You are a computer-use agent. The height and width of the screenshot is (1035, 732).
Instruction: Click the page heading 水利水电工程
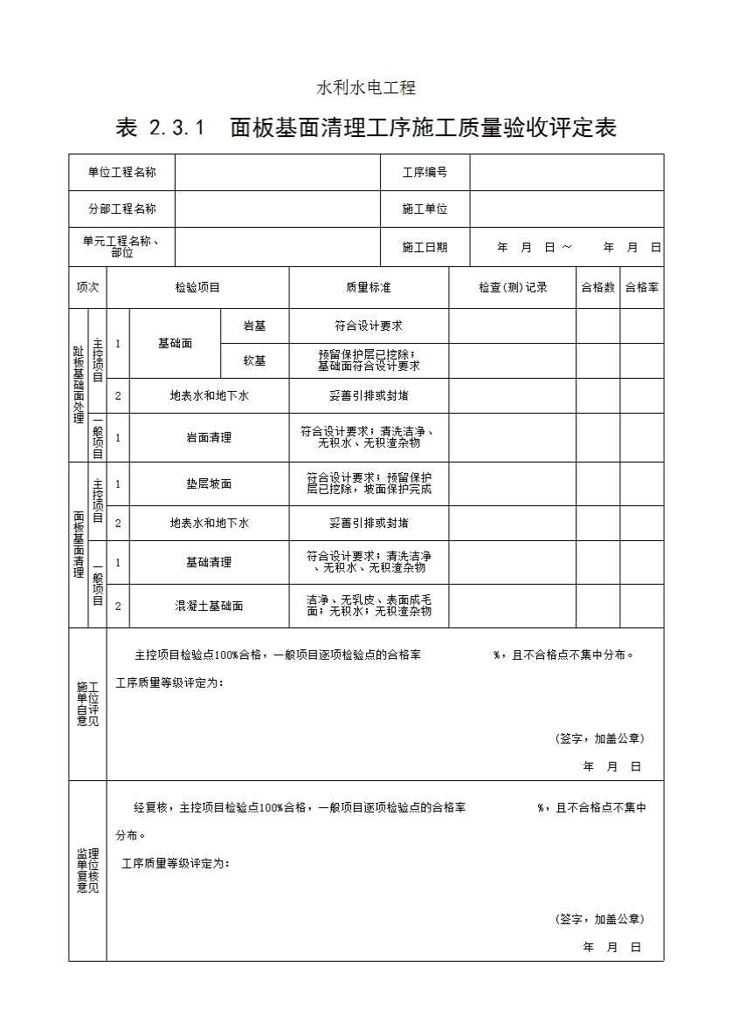coord(365,88)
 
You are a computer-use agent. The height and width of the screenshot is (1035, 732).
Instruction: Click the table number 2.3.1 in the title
coord(177,128)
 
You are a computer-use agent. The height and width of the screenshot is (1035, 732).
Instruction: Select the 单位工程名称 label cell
coord(122,173)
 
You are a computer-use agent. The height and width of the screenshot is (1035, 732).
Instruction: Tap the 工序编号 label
coord(425,173)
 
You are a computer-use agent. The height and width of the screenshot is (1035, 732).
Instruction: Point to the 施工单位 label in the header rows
coord(425,209)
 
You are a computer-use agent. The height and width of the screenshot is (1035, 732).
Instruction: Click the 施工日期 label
coord(425,248)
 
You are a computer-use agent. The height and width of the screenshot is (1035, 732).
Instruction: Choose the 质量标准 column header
coord(369,287)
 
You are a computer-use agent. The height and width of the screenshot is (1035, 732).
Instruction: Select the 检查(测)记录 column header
coord(513,287)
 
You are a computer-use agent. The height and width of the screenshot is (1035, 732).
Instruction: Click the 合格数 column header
coord(598,287)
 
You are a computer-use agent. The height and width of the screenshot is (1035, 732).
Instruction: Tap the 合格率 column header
coord(642,287)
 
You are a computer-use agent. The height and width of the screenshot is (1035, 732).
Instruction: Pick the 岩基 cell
coord(254,326)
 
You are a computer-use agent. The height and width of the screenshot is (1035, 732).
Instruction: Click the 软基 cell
coord(254,360)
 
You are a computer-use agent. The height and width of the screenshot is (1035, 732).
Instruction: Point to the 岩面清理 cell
coord(209,437)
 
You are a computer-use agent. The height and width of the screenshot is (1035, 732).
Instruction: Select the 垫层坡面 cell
coord(209,483)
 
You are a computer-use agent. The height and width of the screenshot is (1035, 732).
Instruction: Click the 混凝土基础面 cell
coord(209,606)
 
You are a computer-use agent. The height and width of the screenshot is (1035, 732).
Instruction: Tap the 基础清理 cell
coord(209,562)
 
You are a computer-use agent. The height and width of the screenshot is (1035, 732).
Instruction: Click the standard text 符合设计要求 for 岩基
coord(369,326)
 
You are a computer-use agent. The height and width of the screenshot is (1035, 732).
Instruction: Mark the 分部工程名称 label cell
coord(122,209)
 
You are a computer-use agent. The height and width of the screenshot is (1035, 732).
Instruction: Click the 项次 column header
coord(87,287)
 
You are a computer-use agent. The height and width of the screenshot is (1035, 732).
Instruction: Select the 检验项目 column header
coord(197,287)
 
